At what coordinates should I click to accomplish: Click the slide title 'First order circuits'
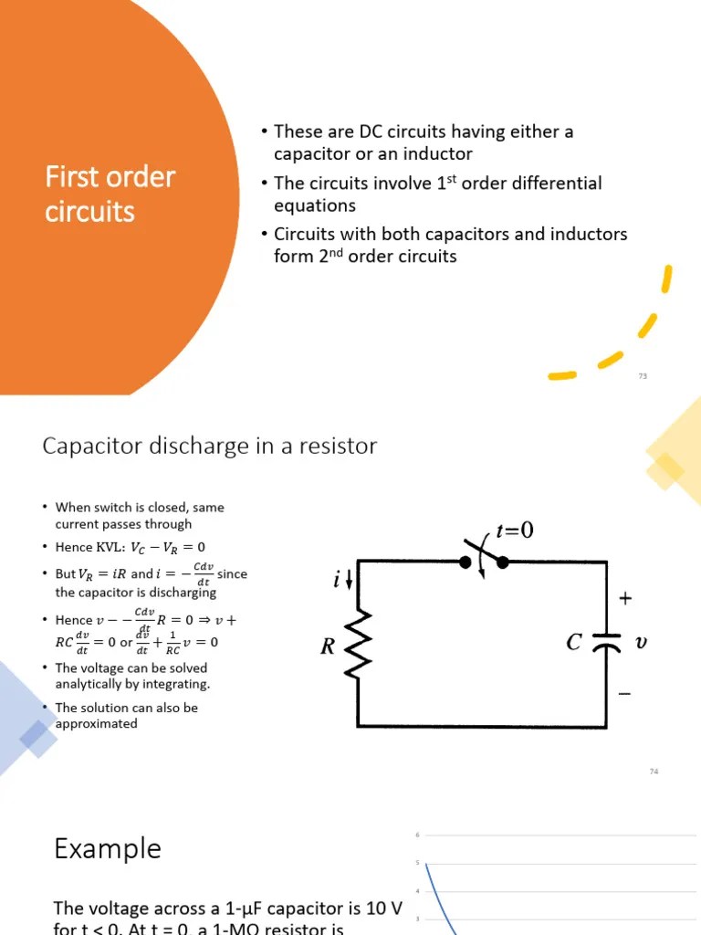coord(110,194)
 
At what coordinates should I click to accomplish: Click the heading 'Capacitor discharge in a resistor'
coord(209,446)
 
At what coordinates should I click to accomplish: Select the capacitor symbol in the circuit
coord(606,642)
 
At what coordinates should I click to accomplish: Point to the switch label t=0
coord(514,531)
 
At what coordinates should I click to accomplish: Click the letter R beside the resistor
coord(328,647)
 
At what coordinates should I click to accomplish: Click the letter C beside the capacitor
coord(573,643)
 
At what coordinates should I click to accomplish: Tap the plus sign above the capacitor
coord(625,599)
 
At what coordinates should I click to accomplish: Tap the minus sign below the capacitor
coord(624,694)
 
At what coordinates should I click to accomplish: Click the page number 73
coord(643,376)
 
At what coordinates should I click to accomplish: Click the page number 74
coord(654,772)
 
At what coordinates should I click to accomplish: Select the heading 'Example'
coord(107,848)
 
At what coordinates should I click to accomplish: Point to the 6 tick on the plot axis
coord(417,835)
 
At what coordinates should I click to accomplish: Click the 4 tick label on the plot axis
coord(417,891)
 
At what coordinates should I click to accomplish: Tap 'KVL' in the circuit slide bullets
coord(110,547)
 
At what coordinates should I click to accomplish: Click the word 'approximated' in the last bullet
coord(96,723)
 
